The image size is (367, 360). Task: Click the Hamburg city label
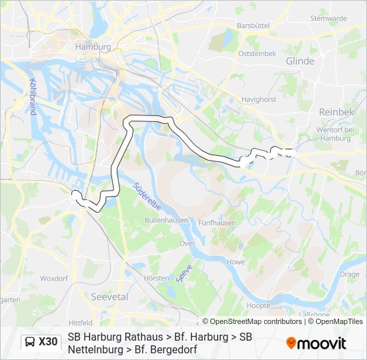tap(92, 47)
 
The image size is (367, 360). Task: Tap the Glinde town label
tap(299, 61)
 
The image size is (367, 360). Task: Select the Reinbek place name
tap(336, 112)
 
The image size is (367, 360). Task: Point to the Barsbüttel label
tap(252, 25)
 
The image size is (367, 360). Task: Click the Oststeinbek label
tap(257, 53)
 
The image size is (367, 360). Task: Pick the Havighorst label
tap(259, 99)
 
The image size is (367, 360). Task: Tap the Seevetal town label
tap(109, 297)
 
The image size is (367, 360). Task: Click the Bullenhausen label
tap(163, 219)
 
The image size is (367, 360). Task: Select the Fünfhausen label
tap(217, 223)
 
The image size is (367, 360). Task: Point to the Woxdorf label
tap(54, 278)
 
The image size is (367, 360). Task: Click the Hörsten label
tap(157, 278)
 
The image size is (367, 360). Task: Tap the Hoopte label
tap(258, 305)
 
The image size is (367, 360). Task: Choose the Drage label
tap(349, 274)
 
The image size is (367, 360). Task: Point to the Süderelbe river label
tap(146, 197)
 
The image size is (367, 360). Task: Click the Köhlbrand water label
tap(31, 97)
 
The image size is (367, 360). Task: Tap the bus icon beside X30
tap(30, 343)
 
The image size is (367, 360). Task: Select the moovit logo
tap(316, 343)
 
